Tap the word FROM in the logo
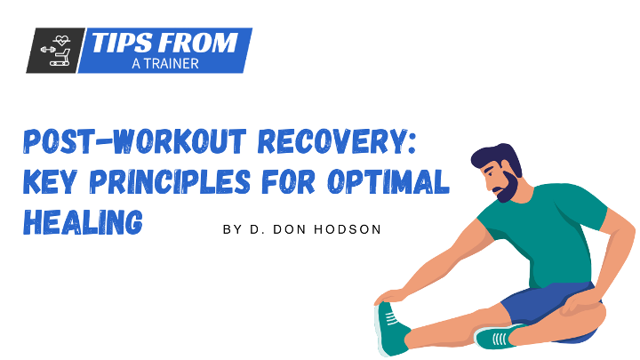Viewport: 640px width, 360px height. (198, 43)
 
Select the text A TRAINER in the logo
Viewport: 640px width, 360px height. (165, 64)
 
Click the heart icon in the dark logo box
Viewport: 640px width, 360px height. (61, 40)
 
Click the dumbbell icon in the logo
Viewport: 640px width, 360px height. (48, 50)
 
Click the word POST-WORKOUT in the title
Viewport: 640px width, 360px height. (135, 141)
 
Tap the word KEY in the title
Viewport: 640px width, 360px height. (50, 181)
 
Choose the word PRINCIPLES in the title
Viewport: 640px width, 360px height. (170, 181)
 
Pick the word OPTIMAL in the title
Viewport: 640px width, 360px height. (388, 181)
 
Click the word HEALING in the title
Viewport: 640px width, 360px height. (83, 222)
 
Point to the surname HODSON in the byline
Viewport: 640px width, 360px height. (348, 229)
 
